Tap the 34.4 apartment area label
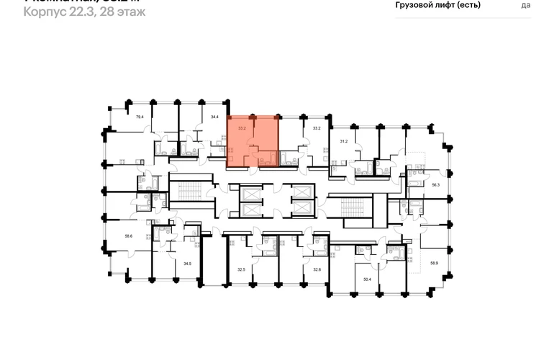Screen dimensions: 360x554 [214, 117]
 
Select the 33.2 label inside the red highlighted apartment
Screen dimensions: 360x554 [242, 128]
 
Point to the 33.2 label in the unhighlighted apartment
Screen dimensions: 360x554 [316, 128]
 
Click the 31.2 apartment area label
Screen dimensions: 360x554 [344, 142]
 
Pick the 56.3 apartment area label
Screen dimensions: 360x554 [436, 185]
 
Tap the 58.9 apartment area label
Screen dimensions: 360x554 [435, 264]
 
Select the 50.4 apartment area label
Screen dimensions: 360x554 [367, 279]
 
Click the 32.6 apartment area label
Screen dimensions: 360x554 [316, 269]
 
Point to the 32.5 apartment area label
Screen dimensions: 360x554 [241, 269]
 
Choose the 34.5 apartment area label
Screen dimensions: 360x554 [187, 264]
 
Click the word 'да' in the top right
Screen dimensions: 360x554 [526, 5]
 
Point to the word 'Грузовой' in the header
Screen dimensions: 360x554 [417, 5]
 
